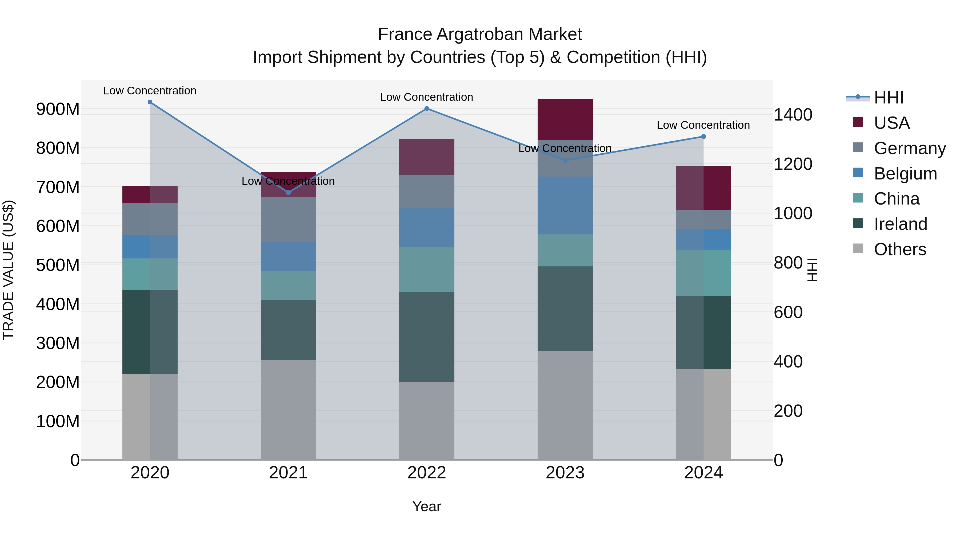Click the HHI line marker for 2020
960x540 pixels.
[150, 102]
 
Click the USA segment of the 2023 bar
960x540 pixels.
[565, 119]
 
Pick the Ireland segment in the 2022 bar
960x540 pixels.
[427, 337]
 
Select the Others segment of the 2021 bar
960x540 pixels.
[288, 410]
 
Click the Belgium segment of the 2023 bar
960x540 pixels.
[565, 205]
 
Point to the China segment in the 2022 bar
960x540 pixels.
[427, 269]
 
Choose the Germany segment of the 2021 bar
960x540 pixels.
[288, 219]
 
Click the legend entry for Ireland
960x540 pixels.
[900, 224]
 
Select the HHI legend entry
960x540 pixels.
[889, 98]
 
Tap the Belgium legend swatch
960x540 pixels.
[858, 173]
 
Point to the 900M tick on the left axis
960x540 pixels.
[58, 109]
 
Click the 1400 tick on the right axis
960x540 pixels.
[793, 115]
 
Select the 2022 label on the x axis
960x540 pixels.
[427, 473]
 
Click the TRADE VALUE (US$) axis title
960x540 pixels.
[8, 270]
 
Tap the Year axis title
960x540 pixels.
[427, 506]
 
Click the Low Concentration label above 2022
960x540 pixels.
[427, 97]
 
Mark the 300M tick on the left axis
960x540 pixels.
[58, 343]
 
